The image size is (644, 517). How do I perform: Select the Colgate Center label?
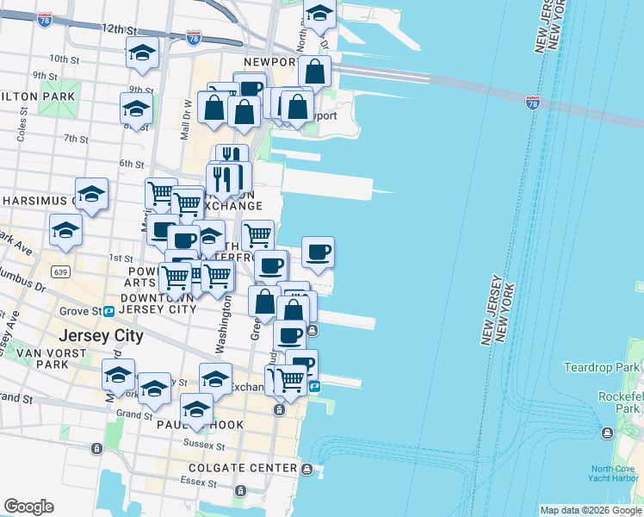245,469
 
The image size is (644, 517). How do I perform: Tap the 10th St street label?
64,59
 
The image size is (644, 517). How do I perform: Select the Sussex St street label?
204,445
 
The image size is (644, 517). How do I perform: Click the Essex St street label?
195,482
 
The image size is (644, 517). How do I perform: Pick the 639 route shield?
60,272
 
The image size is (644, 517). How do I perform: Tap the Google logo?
28,507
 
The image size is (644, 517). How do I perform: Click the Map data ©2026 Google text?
591,510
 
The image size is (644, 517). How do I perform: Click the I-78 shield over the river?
533,103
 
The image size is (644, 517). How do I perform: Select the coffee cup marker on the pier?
318,252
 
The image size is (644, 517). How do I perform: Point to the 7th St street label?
77,138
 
